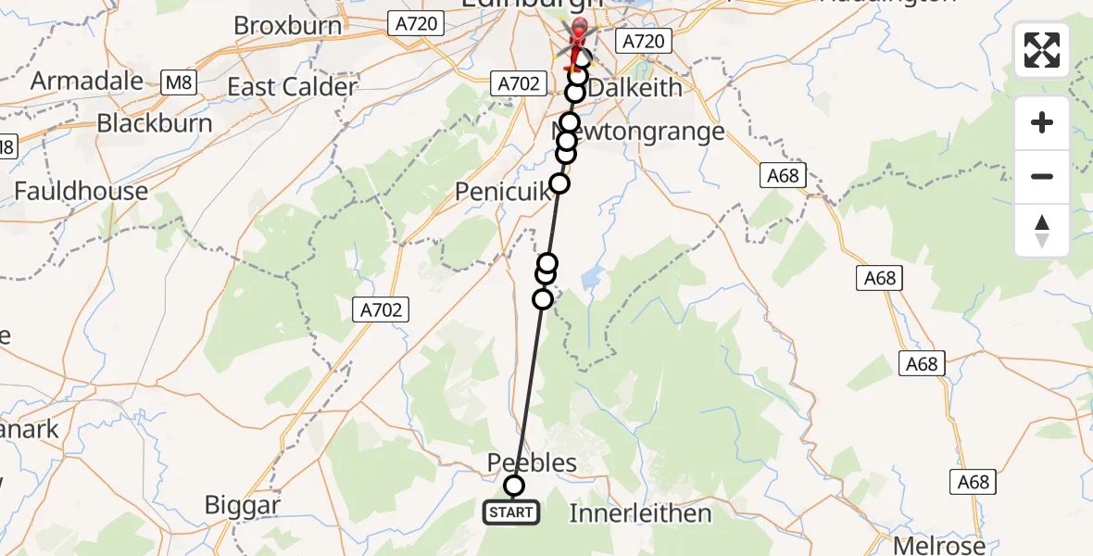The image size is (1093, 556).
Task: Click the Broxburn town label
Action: coord(288,25)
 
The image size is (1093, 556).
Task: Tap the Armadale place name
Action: coord(88,81)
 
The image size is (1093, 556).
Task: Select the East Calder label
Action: coord(292,88)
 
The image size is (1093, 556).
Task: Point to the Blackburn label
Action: coord(155,123)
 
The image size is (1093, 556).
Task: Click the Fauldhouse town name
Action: coord(81,191)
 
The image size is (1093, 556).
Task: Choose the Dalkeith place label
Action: coord(635,88)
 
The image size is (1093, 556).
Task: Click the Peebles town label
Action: coord(532,462)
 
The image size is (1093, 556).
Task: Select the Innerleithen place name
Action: coord(640,513)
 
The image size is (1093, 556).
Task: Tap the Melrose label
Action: coord(938,544)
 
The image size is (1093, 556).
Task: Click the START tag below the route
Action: coord(511,512)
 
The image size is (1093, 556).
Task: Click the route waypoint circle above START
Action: coord(513,486)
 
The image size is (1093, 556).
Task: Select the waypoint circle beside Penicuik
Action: coord(559,183)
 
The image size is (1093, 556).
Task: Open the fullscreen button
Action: coord(1042,50)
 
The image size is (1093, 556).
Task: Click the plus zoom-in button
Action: coord(1042,123)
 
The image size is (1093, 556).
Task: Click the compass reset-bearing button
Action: coord(1042,231)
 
